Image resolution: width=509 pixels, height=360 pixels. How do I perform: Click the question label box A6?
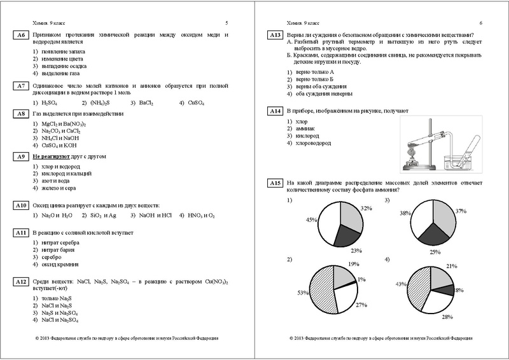(20, 35)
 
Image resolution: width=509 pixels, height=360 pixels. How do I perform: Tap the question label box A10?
(20, 205)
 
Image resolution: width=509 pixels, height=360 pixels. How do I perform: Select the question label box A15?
(275, 184)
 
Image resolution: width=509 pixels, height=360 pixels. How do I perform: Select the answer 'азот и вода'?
(57, 181)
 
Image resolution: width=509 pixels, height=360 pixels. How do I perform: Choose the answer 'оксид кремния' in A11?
(61, 265)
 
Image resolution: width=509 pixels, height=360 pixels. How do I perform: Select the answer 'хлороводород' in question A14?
(314, 144)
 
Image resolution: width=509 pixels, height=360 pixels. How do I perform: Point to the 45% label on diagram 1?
(293, 220)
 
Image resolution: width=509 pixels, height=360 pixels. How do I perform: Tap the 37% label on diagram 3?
(461, 211)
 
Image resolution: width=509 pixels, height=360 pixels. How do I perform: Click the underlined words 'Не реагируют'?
(51, 156)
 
